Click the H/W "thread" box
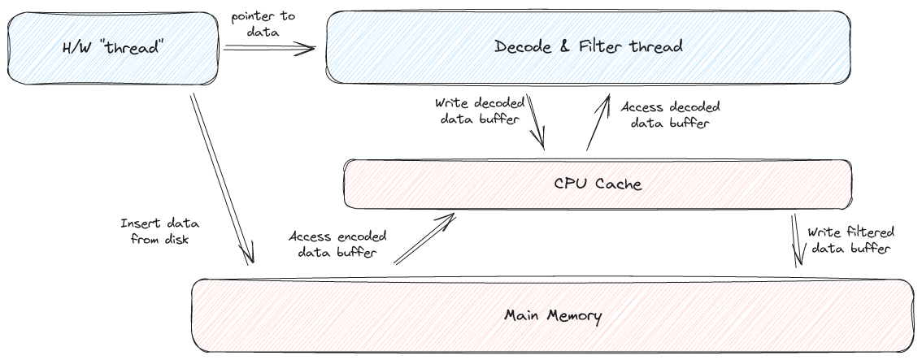113,48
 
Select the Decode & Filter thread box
588,46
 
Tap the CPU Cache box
597,184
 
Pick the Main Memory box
553,315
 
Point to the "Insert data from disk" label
159,232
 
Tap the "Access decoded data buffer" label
669,115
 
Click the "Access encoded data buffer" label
337,244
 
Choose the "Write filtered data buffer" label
849,240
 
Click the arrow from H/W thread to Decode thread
268,49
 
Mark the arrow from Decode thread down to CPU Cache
536,121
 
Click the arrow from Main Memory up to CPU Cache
424,239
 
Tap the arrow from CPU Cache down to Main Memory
798,239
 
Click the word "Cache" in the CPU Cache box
619,184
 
